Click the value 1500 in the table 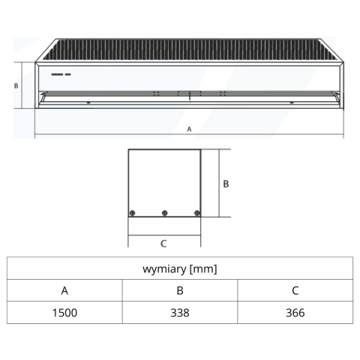(x=64, y=313)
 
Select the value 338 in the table (x=180, y=313)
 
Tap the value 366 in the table (x=295, y=313)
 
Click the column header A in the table (x=64, y=290)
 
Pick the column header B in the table (x=180, y=290)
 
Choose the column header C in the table (x=295, y=290)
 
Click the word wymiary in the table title (x=165, y=269)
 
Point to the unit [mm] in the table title (x=203, y=269)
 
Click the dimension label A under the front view (x=189, y=129)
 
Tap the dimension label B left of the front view (x=16, y=85)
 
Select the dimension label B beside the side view (x=226, y=184)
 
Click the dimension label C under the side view (x=163, y=244)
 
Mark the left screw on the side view (x=133, y=213)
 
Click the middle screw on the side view (x=164, y=213)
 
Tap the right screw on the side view (x=197, y=213)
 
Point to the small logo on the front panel (x=61, y=74)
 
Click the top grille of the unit (x=189, y=49)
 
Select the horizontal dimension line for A (x=189, y=134)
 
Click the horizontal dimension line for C (x=164, y=235)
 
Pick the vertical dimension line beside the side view (x=219, y=183)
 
